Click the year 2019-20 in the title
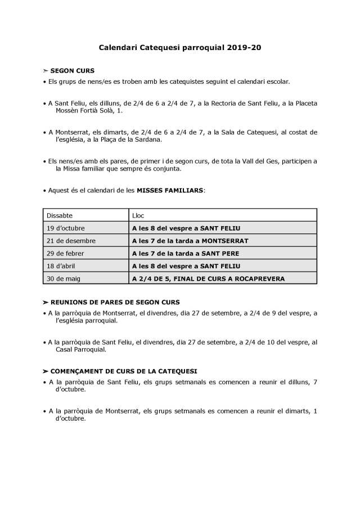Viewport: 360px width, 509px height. point(245,48)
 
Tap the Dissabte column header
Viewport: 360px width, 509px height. point(60,215)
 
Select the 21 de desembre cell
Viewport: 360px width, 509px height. point(72,241)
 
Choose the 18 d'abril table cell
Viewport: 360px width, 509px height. point(63,265)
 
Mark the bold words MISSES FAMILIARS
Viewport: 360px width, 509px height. point(170,190)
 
